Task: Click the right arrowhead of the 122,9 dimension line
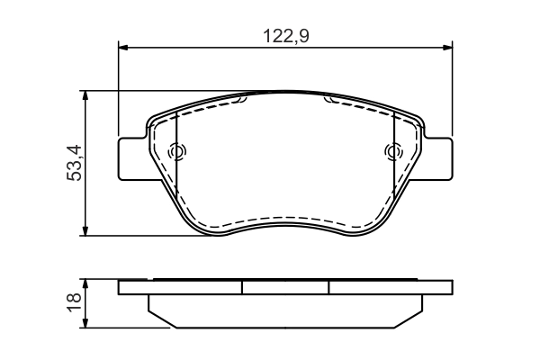click(447, 49)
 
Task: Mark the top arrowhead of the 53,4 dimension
click(86, 94)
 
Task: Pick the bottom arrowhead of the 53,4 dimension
click(86, 231)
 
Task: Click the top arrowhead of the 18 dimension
click(86, 283)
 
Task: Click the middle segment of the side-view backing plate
click(285, 287)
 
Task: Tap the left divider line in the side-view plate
click(243, 287)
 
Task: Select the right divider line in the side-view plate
click(328, 287)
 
